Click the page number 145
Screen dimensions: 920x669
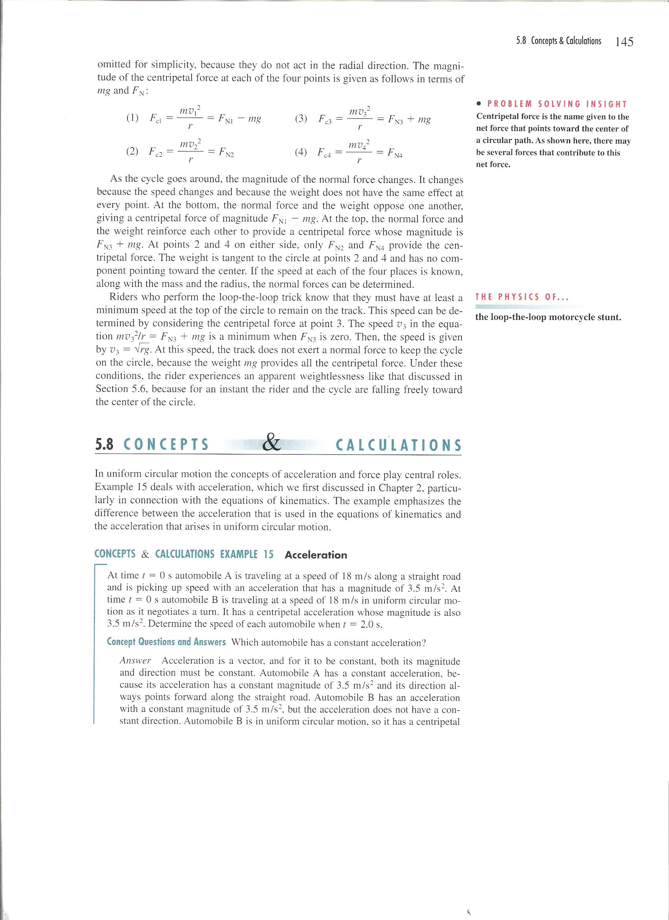(x=624, y=42)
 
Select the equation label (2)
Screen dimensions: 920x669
(x=132, y=152)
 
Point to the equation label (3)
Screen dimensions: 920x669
(x=301, y=119)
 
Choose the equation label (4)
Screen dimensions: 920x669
(x=301, y=152)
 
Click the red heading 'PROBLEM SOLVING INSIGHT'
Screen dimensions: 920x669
(x=557, y=104)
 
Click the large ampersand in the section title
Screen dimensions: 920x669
(x=272, y=443)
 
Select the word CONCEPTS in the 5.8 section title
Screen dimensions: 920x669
(x=166, y=445)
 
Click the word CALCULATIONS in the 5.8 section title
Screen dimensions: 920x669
(x=399, y=445)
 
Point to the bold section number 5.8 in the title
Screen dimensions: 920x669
(x=105, y=445)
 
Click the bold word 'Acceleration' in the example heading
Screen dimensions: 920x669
(x=316, y=555)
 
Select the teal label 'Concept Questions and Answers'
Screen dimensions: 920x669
(x=166, y=642)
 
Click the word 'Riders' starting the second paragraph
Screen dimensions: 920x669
(x=124, y=297)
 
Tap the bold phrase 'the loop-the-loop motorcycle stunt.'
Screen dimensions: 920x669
(x=548, y=317)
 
